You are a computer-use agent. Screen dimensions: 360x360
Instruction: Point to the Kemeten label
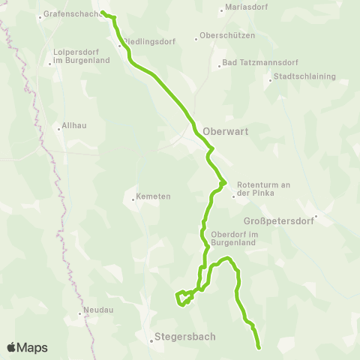coord(154,197)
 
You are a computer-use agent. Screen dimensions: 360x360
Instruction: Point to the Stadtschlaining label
coord(305,76)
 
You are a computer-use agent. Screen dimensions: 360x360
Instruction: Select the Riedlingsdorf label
coord(150,42)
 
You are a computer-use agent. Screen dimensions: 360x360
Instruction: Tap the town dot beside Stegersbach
coord(151,340)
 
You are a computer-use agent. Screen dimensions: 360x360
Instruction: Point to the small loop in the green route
coord(182,298)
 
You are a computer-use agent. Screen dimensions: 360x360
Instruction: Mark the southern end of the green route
coord(259,348)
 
